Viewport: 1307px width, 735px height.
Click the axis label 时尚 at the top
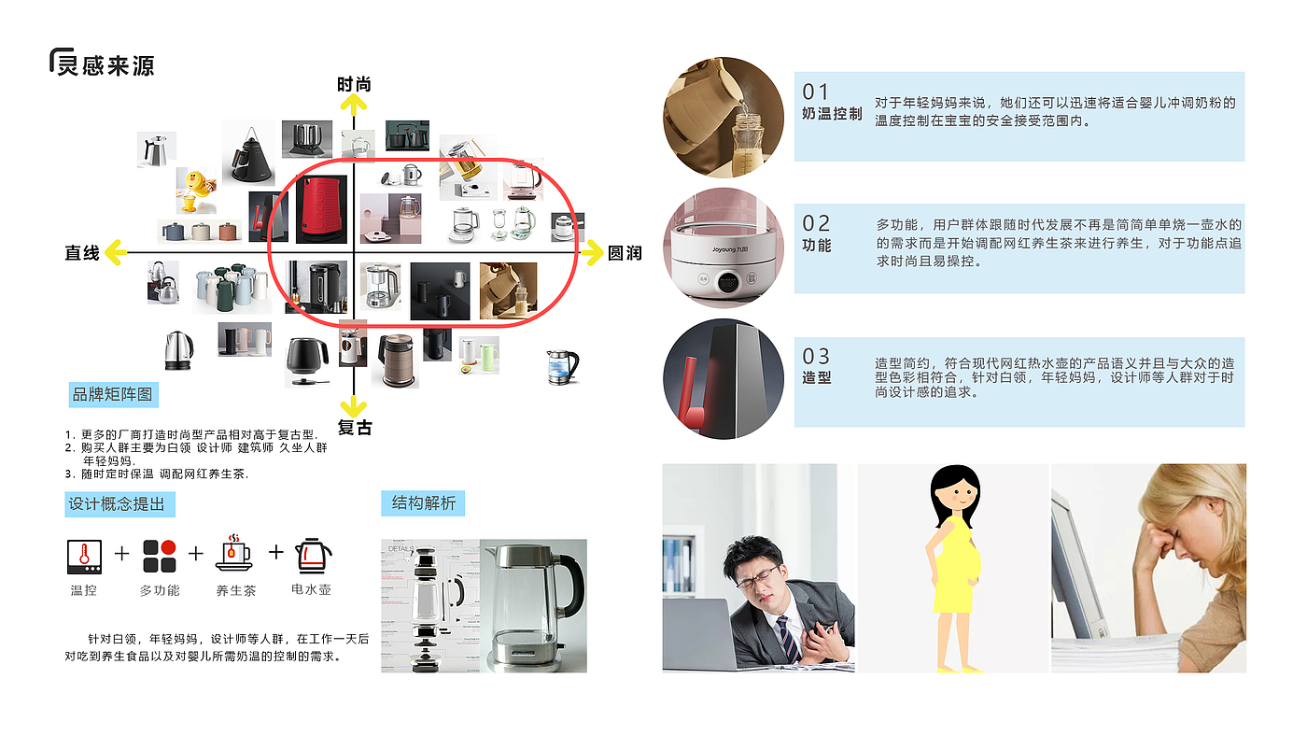tap(354, 85)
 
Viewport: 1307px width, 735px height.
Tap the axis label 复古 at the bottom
tap(355, 428)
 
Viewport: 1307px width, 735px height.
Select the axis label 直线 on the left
tap(82, 253)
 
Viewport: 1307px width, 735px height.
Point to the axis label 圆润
tap(625, 253)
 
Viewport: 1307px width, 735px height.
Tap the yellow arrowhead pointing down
tap(353, 406)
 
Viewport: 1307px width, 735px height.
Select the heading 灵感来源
tap(105, 65)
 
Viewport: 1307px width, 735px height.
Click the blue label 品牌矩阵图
tap(112, 395)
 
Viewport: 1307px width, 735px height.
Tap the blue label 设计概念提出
tap(117, 504)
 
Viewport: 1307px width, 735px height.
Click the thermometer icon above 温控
tap(84, 556)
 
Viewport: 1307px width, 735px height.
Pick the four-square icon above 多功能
tap(160, 556)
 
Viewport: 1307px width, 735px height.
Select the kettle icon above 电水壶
tap(313, 555)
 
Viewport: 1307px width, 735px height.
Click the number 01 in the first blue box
tap(816, 92)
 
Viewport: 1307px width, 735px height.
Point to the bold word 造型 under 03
tap(817, 378)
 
